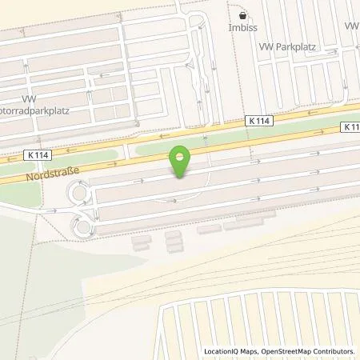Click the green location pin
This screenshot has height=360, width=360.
click(180, 161)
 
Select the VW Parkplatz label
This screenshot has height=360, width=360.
click(288, 47)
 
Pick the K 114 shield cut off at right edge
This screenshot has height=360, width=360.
click(352, 126)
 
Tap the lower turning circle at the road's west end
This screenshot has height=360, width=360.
click(82, 227)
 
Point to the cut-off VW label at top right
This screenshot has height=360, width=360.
click(352, 26)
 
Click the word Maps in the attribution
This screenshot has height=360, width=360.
click(254, 351)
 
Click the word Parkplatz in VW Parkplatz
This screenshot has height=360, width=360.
click(296, 47)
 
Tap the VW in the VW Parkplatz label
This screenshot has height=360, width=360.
click(266, 47)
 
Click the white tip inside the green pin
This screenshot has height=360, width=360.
click(180, 156)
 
